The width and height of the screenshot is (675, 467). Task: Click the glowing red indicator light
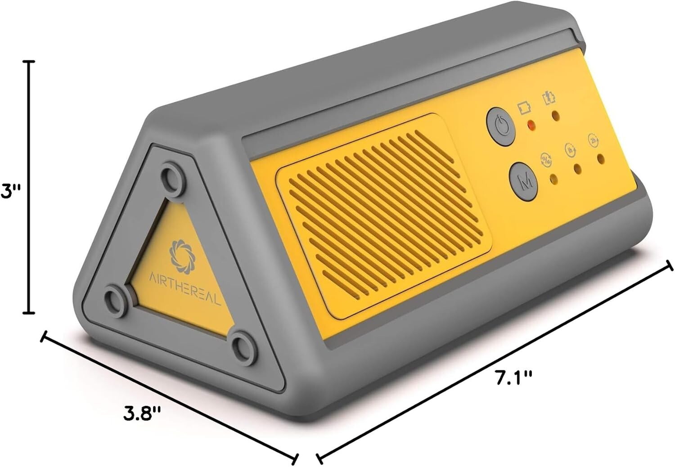coord(531,125)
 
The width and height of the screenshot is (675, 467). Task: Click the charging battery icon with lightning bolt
coord(549,98)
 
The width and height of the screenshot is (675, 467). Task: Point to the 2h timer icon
coord(593,140)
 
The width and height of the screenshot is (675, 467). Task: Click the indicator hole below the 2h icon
coord(600,158)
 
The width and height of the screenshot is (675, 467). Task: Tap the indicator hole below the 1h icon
coord(577,169)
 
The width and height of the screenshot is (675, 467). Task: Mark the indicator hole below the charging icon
coord(556,115)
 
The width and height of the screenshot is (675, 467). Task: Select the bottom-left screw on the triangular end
coord(114,296)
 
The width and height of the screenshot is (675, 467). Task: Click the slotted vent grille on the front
coord(382,216)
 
